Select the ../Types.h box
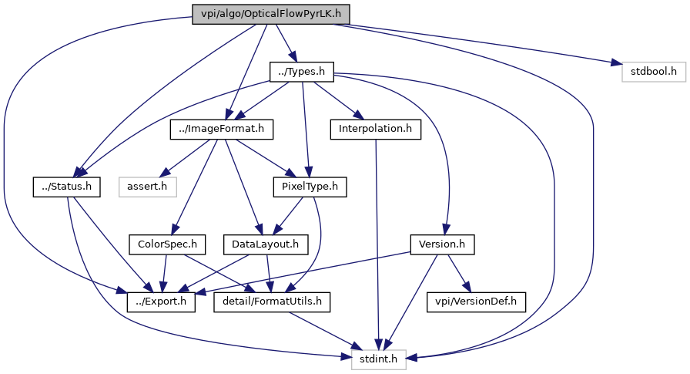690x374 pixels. click(x=301, y=72)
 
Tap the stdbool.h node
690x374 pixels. click(x=653, y=72)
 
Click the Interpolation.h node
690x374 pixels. click(x=375, y=130)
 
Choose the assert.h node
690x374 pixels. click(x=148, y=187)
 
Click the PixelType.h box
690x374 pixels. click(x=310, y=187)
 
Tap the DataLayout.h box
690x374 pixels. click(x=265, y=244)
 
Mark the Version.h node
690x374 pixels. click(x=441, y=244)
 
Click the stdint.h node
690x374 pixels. click(x=378, y=359)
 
